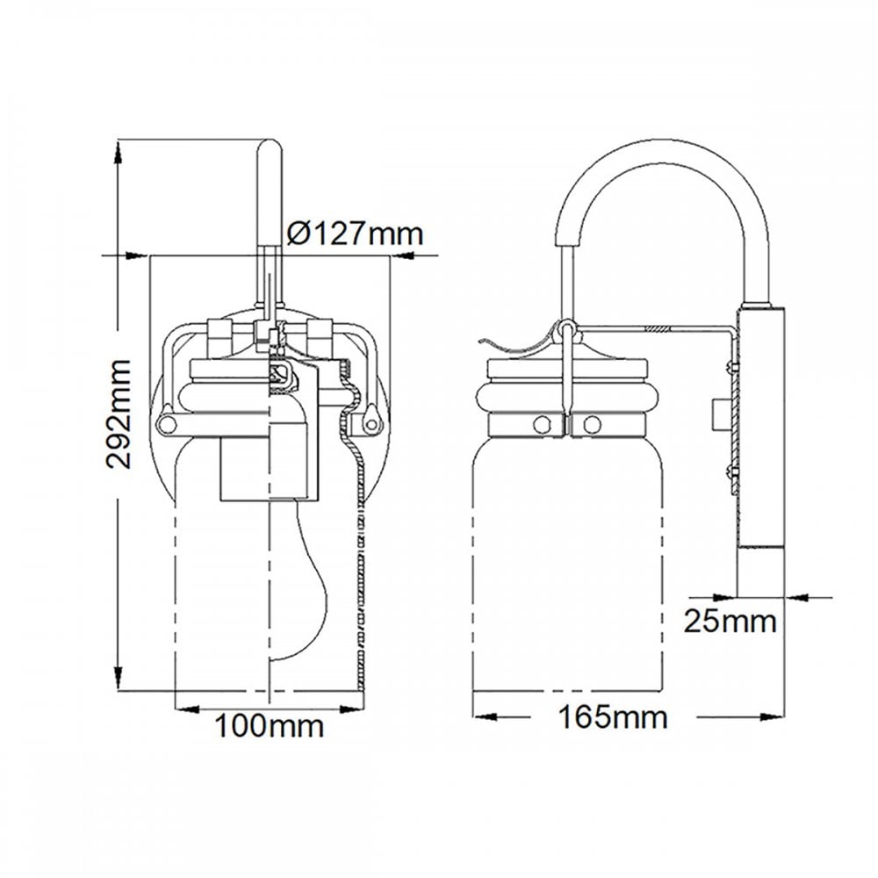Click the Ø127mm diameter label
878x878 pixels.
[355, 233]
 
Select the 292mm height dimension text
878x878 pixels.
[119, 414]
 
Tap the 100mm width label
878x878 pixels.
[270, 725]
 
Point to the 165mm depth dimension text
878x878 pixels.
[613, 716]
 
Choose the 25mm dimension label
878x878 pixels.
[730, 621]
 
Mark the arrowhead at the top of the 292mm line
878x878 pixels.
[118, 152]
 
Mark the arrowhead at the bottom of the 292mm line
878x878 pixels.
[119, 678]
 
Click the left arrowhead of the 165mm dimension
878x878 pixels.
[485, 716]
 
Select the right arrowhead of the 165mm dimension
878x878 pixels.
[772, 716]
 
